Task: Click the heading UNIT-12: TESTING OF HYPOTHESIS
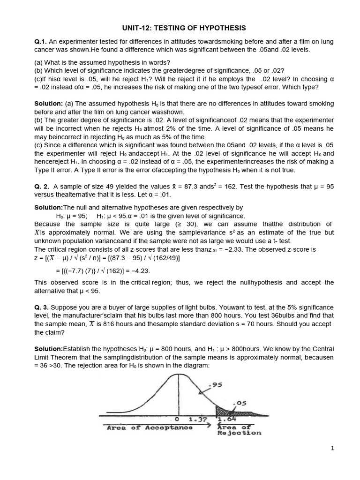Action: pos(180,28)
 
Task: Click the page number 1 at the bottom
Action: pos(332,448)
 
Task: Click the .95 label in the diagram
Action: pos(216,385)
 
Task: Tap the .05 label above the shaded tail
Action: pos(239,403)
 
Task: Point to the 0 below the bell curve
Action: pos(177,419)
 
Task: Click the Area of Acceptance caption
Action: pos(149,427)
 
